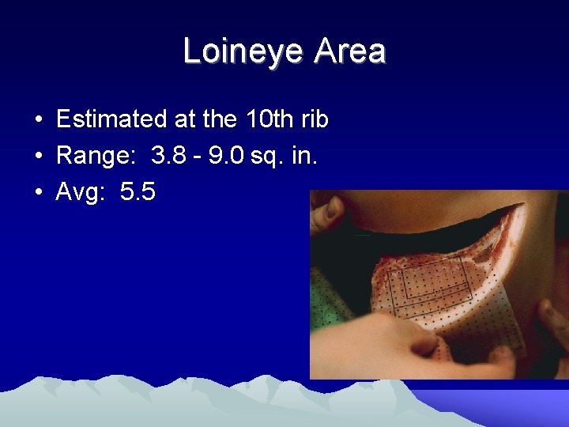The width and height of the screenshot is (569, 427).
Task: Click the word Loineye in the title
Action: coord(243,52)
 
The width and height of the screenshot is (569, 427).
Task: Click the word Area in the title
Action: coord(350,52)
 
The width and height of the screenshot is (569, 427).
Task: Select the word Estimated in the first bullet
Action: coord(107,120)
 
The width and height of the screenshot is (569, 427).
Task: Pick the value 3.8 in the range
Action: coord(169,156)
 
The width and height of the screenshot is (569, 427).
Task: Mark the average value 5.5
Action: coord(138,191)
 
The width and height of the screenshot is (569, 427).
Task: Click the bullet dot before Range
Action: coord(38,157)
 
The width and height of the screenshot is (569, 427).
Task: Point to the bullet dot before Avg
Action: coord(38,192)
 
